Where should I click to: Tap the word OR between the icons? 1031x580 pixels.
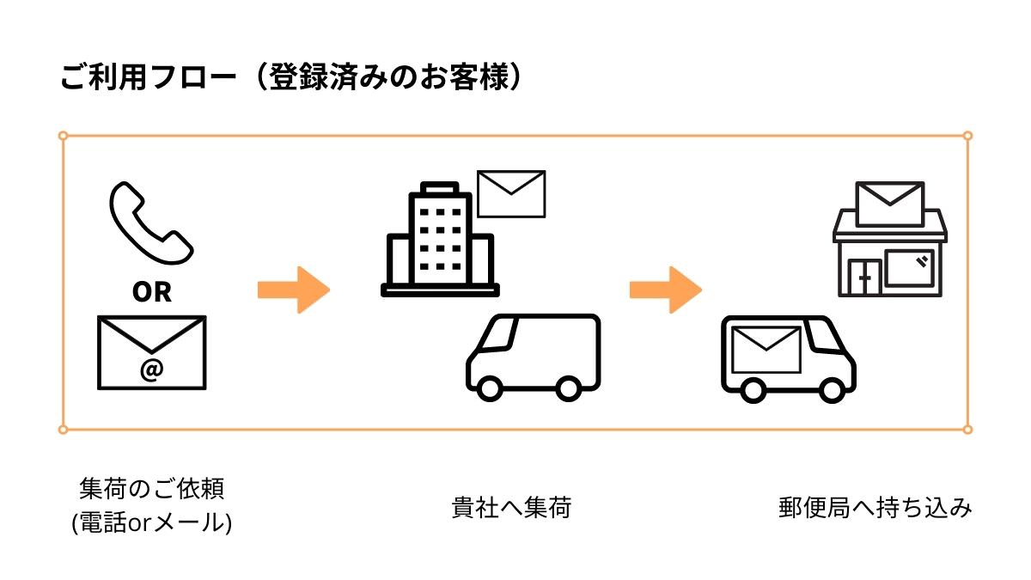coord(151,292)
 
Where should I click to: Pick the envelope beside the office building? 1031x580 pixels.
coord(511,193)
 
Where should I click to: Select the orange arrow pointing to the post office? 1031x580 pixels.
coord(666,290)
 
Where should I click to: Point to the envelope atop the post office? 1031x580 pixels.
coord(890,204)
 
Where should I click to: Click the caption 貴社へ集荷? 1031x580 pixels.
coord(511,508)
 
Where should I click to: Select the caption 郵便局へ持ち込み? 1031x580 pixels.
coord(875,508)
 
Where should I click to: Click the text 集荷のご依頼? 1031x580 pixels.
coord(151,490)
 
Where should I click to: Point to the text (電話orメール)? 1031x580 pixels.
coord(151,522)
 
